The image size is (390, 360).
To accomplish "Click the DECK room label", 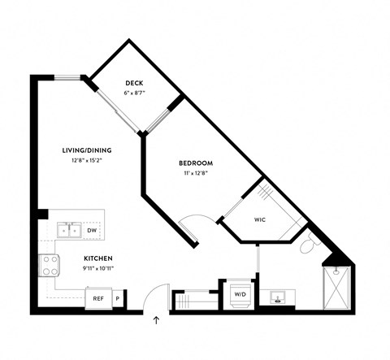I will click(134, 84).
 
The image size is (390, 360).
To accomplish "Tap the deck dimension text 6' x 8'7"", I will click(134, 94).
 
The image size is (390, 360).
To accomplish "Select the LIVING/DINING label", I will click(86, 150).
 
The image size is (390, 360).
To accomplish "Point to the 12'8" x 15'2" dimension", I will click(86, 160).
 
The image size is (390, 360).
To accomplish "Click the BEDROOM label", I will click(196, 163).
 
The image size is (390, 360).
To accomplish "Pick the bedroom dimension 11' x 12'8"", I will click(196, 174).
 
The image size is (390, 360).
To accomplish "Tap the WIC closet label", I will click(260, 219).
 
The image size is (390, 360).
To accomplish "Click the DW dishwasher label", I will click(93, 230).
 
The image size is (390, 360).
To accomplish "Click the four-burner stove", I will click(49, 265).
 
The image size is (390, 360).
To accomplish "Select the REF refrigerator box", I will click(98, 298).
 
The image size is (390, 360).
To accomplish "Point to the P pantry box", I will click(117, 298).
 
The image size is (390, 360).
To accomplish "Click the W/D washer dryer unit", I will click(240, 294).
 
